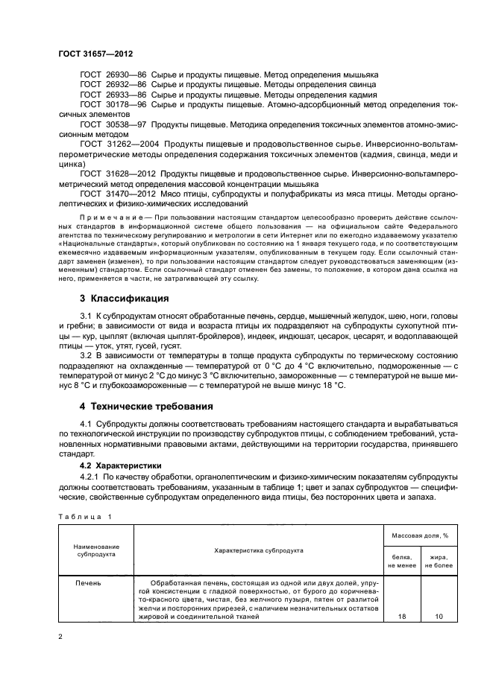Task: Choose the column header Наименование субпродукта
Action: [96, 550]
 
